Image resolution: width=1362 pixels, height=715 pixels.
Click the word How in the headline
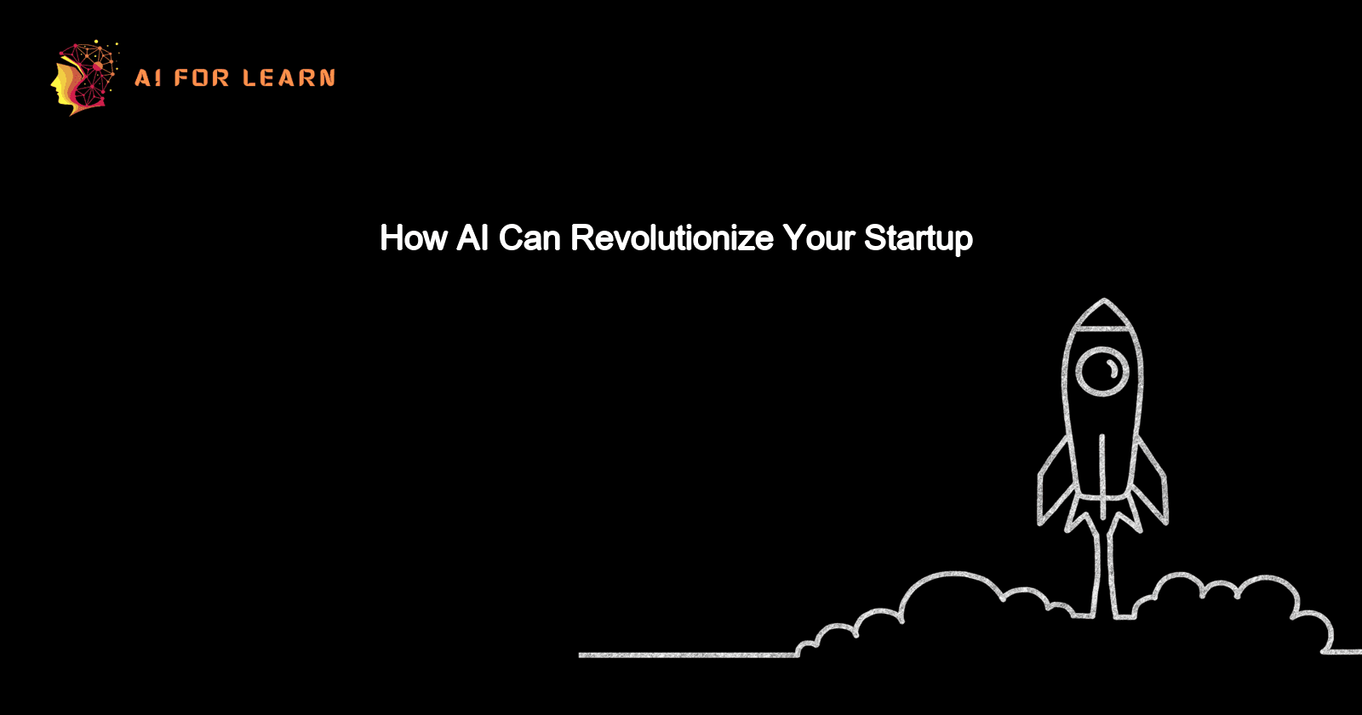click(x=414, y=238)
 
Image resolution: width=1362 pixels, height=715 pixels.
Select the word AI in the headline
click(x=472, y=238)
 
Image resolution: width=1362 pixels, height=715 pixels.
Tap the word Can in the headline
click(x=529, y=238)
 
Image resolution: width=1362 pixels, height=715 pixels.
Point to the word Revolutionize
click(x=672, y=238)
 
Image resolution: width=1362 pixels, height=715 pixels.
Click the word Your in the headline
click(x=818, y=238)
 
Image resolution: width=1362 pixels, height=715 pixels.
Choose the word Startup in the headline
click(x=918, y=239)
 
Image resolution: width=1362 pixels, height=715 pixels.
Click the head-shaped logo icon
click(x=83, y=78)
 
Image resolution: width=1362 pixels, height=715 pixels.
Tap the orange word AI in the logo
click(x=147, y=78)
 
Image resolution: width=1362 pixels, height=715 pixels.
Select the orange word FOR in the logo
click(x=202, y=78)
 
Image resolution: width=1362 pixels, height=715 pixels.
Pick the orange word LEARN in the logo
click(x=289, y=78)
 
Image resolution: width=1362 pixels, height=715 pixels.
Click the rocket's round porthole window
click(x=1102, y=372)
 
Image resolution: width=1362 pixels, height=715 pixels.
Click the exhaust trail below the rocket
click(x=1103, y=562)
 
